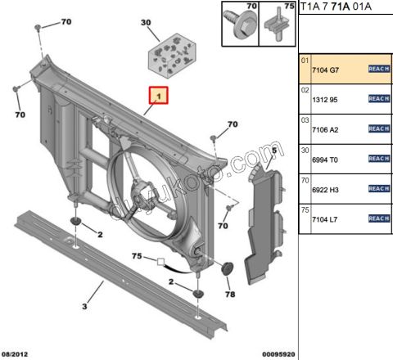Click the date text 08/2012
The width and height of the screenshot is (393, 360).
tap(17, 353)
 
